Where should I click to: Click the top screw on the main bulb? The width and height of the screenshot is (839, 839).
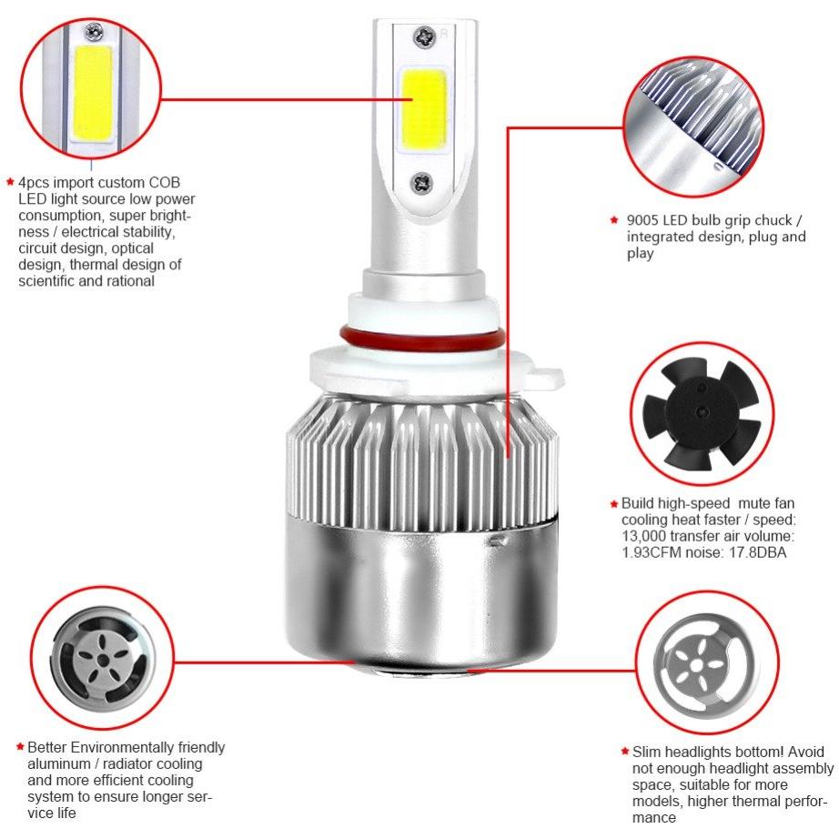click(x=424, y=37)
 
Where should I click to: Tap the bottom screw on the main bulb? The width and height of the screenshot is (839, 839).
click(x=421, y=183)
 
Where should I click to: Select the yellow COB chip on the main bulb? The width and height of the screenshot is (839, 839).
click(x=423, y=109)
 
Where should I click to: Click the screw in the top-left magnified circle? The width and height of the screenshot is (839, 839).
click(x=94, y=33)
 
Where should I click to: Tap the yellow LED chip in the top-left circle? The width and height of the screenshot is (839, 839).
click(x=93, y=90)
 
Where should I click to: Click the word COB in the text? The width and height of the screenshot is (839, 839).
click(x=165, y=183)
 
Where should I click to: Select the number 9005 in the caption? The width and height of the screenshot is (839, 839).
click(x=642, y=220)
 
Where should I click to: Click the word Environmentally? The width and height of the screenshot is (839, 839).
click(x=123, y=747)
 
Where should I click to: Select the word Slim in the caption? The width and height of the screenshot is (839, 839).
click(x=646, y=752)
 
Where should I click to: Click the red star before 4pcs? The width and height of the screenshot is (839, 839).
click(x=10, y=182)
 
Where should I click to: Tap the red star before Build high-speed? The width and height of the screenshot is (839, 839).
click(x=614, y=503)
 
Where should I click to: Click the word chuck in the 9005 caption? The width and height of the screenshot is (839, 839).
click(x=772, y=220)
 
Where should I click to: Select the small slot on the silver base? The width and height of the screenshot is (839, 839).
click(x=499, y=541)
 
